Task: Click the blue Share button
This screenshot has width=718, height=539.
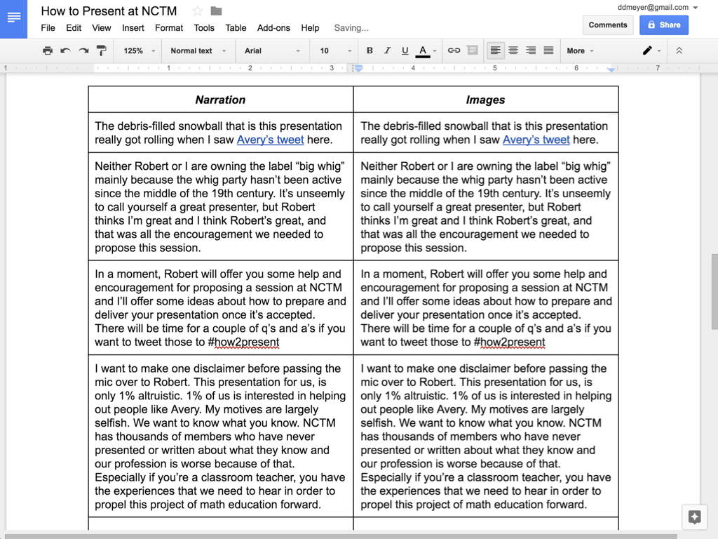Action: (x=664, y=25)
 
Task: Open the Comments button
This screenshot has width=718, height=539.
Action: (x=608, y=25)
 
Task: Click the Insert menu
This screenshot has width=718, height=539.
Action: (x=133, y=28)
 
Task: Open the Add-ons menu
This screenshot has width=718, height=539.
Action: (x=273, y=28)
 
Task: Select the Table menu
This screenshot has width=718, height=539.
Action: (x=236, y=28)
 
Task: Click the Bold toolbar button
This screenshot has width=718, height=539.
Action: (x=370, y=51)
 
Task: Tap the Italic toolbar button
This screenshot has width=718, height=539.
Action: (x=387, y=51)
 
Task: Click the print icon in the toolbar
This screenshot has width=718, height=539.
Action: (x=48, y=51)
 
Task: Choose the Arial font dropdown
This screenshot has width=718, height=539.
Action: (x=271, y=51)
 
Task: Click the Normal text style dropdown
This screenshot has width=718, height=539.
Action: (x=198, y=51)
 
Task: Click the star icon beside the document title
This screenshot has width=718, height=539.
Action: (x=197, y=11)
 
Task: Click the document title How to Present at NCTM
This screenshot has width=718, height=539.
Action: (x=109, y=11)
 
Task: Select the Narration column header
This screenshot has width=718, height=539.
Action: (x=220, y=100)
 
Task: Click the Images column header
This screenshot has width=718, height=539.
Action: (x=485, y=100)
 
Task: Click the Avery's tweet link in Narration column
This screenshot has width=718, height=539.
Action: (x=270, y=140)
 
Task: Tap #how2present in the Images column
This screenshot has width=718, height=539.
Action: (x=509, y=342)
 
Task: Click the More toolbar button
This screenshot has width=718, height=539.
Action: (x=580, y=51)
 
